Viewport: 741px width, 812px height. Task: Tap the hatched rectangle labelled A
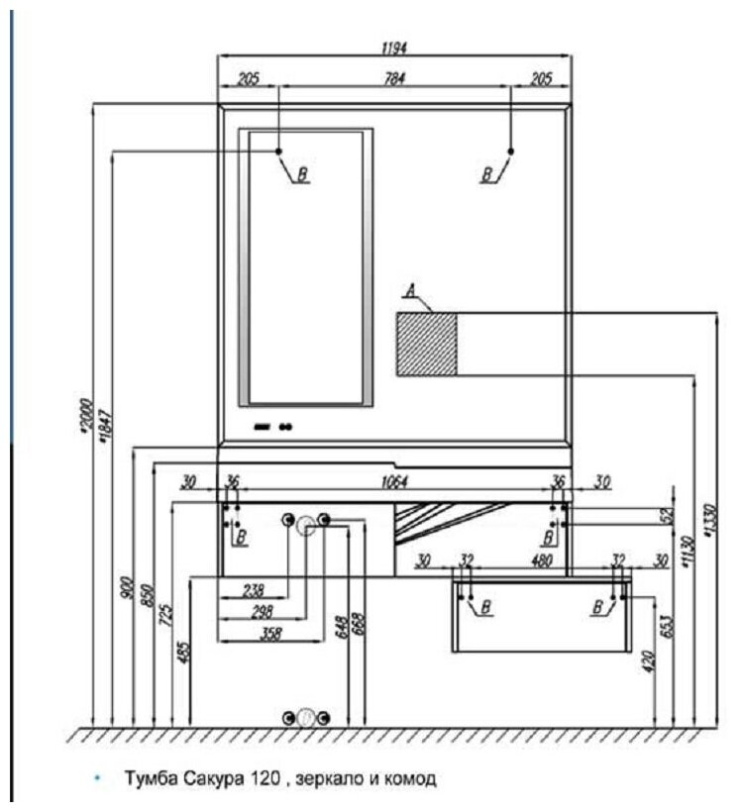click(426, 343)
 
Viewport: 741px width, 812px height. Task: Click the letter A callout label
click(409, 291)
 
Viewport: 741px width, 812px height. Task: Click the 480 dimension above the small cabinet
click(541, 560)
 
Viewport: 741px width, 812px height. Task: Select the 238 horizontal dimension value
click(254, 590)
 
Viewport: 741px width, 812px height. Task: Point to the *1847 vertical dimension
click(106, 421)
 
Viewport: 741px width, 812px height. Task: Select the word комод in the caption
click(411, 778)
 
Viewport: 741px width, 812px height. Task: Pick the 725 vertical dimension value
click(164, 615)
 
